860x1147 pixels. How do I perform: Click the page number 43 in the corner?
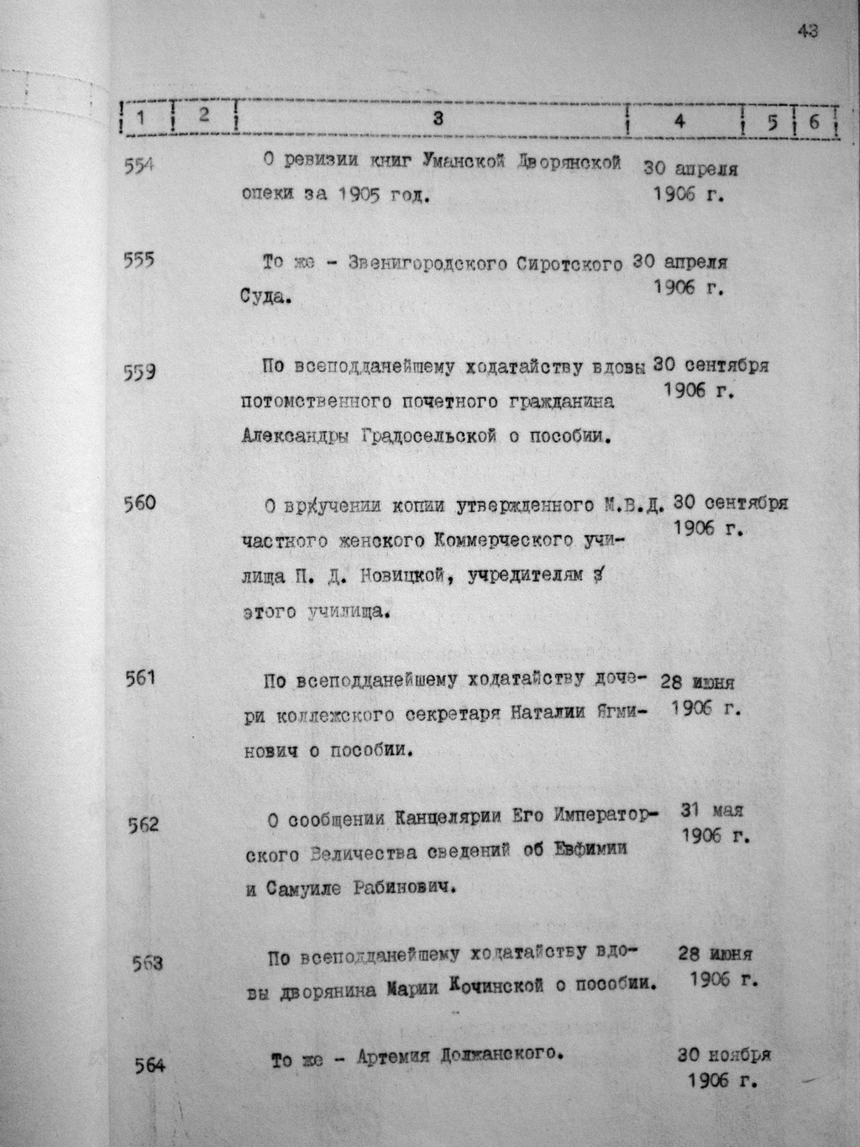click(x=808, y=31)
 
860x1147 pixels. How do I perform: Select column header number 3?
click(x=438, y=118)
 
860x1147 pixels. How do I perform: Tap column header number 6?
click(x=814, y=121)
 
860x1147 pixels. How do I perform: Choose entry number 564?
click(x=149, y=1065)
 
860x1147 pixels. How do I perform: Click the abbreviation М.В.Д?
click(x=634, y=505)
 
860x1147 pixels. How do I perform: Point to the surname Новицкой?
click(x=390, y=576)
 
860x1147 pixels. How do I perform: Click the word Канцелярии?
click(x=444, y=817)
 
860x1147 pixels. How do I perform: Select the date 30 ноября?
click(x=724, y=1055)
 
